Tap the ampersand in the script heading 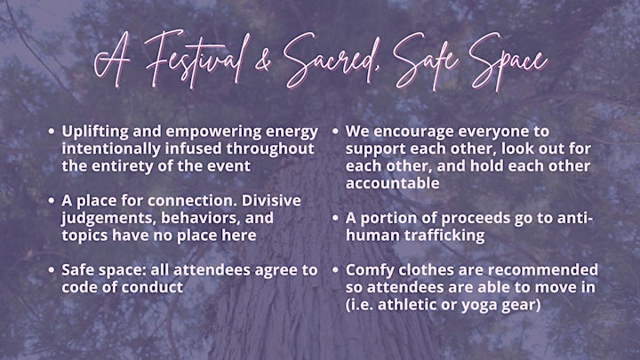(x=263, y=63)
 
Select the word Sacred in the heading (x=332, y=60)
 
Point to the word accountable (x=393, y=183)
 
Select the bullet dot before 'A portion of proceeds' (x=335, y=219)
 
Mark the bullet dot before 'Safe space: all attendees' (x=51, y=270)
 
